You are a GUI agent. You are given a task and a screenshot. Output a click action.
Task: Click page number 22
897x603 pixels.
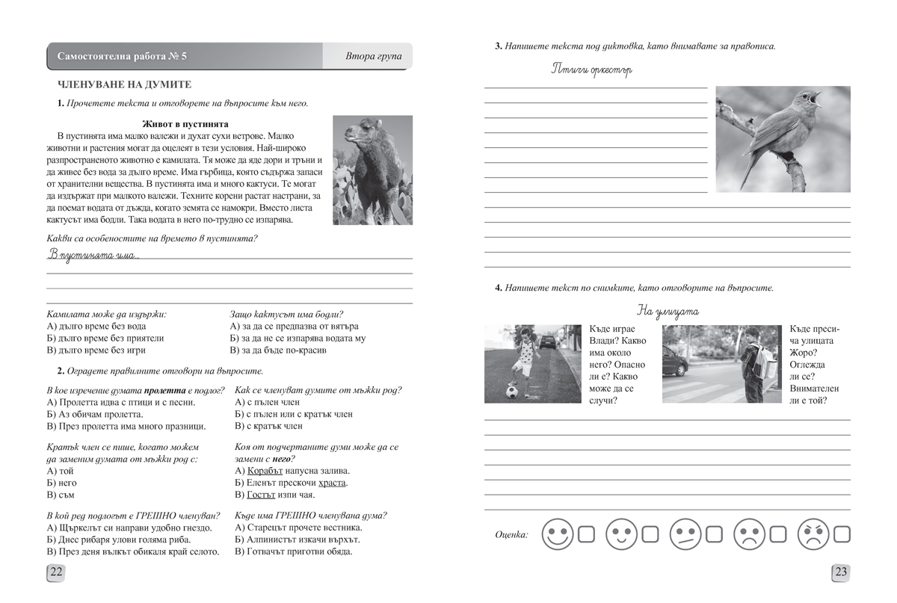coord(56,573)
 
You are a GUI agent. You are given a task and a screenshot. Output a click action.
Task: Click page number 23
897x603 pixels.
coord(840,573)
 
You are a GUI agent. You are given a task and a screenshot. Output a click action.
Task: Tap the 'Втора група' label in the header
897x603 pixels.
coord(374,57)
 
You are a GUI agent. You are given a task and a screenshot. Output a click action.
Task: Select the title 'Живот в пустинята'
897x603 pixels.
coord(185,124)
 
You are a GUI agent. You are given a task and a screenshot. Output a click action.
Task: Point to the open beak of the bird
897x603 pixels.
coord(815,96)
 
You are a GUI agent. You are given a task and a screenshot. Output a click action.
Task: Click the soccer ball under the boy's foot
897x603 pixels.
coord(511,391)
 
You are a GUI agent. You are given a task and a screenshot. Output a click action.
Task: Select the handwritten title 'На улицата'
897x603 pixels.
coord(668,310)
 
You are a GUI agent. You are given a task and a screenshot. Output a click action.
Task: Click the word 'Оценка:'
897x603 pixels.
coord(511,534)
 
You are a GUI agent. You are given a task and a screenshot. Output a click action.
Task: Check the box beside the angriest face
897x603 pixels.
coord(842,534)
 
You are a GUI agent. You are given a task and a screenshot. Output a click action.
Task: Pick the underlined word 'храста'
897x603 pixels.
coord(332,483)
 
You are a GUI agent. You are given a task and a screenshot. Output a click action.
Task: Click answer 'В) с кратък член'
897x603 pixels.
coord(268,426)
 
